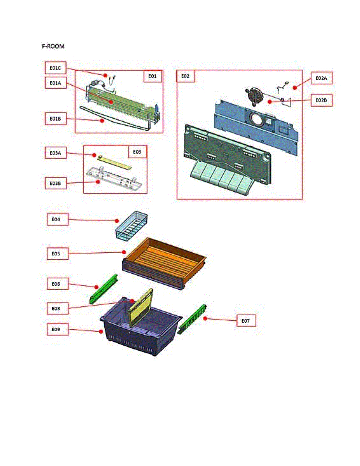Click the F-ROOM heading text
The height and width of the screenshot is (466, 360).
coord(53,47)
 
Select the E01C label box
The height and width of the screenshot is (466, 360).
coord(55,68)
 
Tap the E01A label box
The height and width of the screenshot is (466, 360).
coord(55,83)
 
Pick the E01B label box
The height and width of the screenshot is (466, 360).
coord(55,118)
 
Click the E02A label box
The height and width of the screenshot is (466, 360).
coord(321,78)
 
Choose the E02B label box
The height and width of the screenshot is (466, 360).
coord(321,100)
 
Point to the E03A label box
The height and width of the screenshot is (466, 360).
coord(55,153)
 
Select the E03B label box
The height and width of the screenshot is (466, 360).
coord(55,183)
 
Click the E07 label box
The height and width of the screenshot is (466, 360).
coord(246,321)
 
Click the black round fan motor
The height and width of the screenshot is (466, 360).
coord(254,96)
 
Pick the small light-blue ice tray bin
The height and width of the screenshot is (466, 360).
coord(131,225)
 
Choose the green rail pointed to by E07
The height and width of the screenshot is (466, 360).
coord(193,319)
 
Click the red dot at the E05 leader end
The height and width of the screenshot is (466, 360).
coord(124,251)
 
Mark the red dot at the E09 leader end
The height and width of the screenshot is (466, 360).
coord(101,331)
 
